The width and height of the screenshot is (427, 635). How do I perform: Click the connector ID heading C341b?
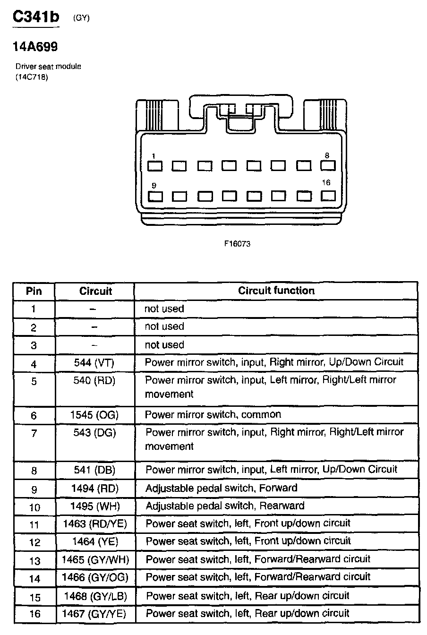point(36,17)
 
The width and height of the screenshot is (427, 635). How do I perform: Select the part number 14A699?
point(35,47)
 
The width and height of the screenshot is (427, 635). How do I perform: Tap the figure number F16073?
point(237,244)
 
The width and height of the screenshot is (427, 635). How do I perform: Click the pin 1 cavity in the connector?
point(155,166)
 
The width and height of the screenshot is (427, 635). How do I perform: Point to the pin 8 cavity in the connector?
point(328,165)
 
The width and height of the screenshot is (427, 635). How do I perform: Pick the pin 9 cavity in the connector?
point(155,196)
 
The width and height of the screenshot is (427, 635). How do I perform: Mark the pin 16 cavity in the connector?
point(328,195)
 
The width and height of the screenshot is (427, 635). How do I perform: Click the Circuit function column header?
point(276,291)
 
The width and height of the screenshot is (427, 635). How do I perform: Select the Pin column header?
point(34,291)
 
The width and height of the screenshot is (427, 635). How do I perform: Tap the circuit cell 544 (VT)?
point(94,363)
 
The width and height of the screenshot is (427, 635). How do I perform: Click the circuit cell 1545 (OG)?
point(94,415)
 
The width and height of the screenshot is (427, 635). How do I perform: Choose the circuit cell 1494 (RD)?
point(94,489)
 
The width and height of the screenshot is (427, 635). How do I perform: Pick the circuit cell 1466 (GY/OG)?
point(95,577)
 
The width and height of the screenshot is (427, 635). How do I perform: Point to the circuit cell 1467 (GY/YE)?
point(95,614)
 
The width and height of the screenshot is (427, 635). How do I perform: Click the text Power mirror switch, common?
point(213,415)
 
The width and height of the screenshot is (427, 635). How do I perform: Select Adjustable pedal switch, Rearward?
point(225,506)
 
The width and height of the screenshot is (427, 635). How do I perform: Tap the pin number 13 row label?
point(35,561)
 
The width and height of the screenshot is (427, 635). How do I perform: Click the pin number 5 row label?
point(34,381)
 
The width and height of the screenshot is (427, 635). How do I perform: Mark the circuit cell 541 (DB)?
point(94,470)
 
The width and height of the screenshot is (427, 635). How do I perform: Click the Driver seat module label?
point(48,67)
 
